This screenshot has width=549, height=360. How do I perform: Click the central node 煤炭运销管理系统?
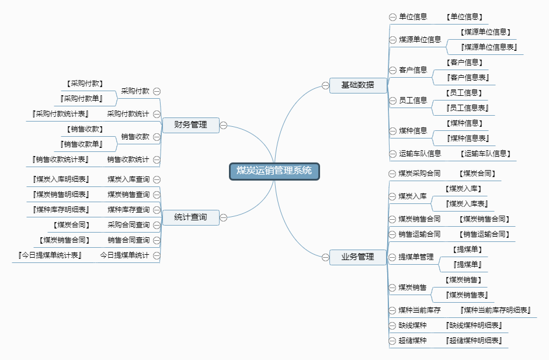pos(274,171)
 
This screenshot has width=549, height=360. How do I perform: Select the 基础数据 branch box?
pos(358,85)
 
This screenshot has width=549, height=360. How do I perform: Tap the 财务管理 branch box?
pos(191,125)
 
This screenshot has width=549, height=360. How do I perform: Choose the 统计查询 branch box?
pos(191,217)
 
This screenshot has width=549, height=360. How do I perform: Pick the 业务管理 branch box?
pos(358,257)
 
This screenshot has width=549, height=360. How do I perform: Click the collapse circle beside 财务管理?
pos(223,126)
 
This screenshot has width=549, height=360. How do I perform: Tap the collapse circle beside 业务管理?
pos(326,257)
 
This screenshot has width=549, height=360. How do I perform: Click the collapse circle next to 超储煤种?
pos(392,341)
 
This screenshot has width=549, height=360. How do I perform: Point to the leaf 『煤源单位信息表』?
pos(489,47)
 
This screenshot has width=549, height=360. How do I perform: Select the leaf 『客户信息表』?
pos(468,78)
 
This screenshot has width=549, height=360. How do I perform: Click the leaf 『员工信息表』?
pos(467,108)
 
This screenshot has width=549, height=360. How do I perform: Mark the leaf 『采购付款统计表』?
pos(60,114)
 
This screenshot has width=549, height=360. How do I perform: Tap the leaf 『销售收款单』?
pos(81,144)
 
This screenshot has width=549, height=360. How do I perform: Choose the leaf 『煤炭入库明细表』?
pos(61,179)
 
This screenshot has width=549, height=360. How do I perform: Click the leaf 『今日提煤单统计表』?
pos(50,255)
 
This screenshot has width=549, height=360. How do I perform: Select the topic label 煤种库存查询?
pos(128,210)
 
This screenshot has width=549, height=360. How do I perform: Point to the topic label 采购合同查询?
pos(128,225)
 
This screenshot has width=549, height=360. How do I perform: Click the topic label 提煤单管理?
pos(416,257)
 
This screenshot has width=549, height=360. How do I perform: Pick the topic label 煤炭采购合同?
pos(419,174)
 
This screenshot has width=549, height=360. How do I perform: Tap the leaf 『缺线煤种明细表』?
pos(474,326)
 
